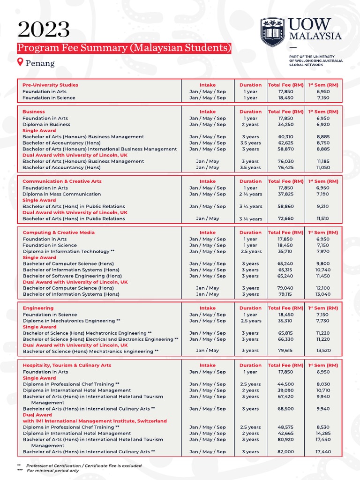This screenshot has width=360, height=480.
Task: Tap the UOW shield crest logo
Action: [x=272, y=32]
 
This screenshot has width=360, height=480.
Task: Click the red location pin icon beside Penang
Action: [x=20, y=62]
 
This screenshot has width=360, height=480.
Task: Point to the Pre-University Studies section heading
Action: [x=50, y=85]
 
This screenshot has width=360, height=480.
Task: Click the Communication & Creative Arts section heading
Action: [x=62, y=181]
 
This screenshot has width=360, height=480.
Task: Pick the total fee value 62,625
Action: [x=285, y=143]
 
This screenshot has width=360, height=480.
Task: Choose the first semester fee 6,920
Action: [x=323, y=125]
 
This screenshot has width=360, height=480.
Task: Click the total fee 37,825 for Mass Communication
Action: [x=285, y=194]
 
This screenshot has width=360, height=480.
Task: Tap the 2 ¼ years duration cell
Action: [x=250, y=194]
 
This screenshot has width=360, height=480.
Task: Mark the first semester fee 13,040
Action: [x=323, y=294]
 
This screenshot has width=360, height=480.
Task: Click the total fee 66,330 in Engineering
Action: [x=285, y=339]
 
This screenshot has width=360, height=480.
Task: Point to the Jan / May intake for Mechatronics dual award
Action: [x=207, y=351]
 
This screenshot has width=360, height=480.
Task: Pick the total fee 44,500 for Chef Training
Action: [x=285, y=384]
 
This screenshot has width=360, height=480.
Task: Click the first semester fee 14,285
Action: [x=323, y=434]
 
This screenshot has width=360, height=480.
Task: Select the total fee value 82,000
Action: [x=285, y=452]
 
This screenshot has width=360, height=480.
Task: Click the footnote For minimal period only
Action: [x=52, y=471]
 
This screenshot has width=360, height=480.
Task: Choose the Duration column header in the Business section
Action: [x=250, y=112]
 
